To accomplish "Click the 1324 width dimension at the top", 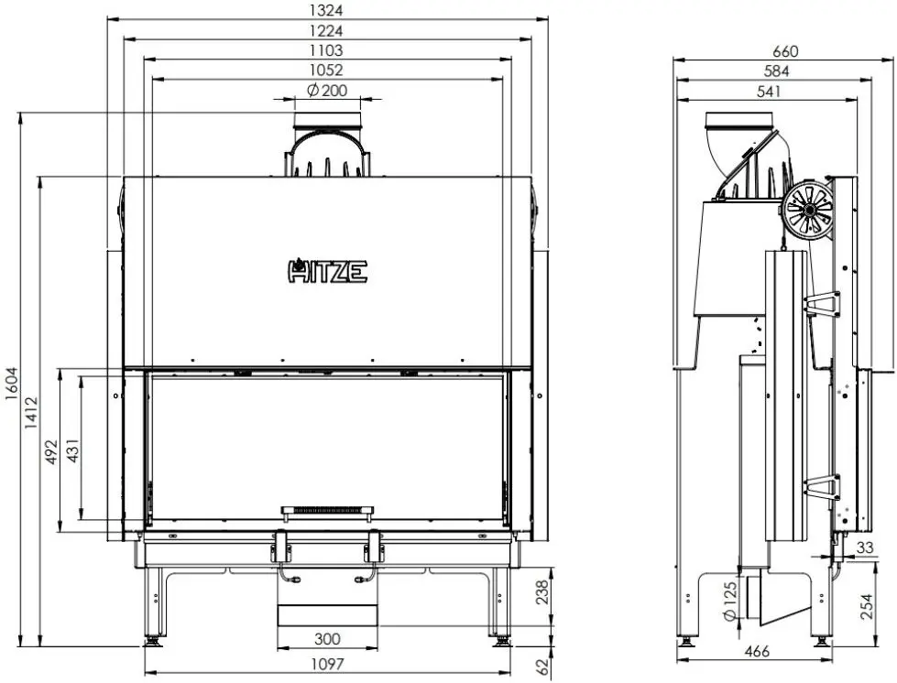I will click(326, 10).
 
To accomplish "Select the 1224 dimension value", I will click(326, 30).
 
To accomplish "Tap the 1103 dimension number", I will click(326, 50).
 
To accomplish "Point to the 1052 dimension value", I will click(326, 70).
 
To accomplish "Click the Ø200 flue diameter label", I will click(327, 90).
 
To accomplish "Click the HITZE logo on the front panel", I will click(328, 270).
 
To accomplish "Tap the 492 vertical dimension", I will click(50, 452).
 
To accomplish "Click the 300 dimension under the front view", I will click(327, 639).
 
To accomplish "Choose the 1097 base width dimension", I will click(327, 665).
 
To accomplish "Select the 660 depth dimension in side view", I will click(786, 50).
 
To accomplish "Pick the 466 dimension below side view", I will click(756, 652).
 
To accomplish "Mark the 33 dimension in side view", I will click(864, 547).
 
